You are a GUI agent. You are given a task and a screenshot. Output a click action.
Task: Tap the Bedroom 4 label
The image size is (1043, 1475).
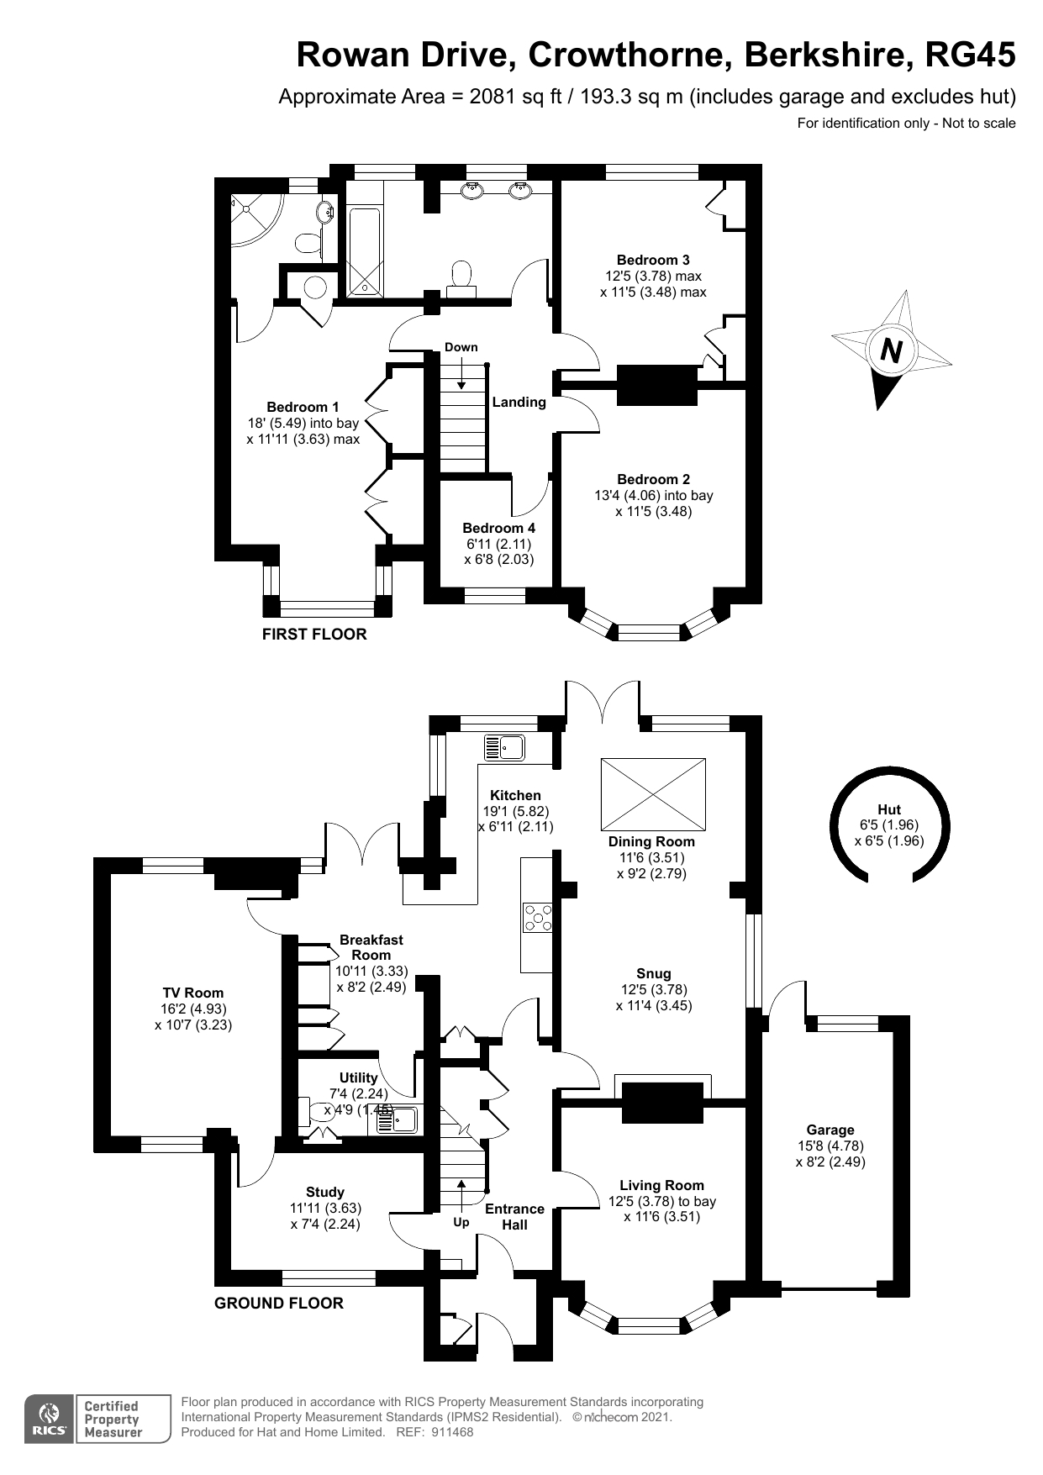point(498,528)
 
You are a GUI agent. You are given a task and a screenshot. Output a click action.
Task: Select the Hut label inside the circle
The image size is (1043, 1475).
point(888,809)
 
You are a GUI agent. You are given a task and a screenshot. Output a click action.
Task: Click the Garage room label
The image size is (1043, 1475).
point(830,1130)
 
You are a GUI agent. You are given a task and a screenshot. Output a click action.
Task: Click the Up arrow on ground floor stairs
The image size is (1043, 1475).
point(461,1192)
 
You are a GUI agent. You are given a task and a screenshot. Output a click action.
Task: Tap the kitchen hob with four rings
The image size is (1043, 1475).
point(537,917)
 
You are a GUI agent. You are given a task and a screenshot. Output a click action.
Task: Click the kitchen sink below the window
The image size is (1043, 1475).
point(503,746)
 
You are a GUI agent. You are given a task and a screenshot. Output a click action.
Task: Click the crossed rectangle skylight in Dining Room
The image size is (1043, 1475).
point(653,793)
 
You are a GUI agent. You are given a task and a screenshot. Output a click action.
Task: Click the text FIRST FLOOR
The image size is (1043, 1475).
point(314,634)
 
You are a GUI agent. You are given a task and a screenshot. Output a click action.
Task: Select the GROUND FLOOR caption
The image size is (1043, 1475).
point(278,1303)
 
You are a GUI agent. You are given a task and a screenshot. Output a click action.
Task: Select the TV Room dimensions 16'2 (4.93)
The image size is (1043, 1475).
point(193,1009)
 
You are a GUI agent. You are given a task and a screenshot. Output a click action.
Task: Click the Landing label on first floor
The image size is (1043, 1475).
point(519,402)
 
